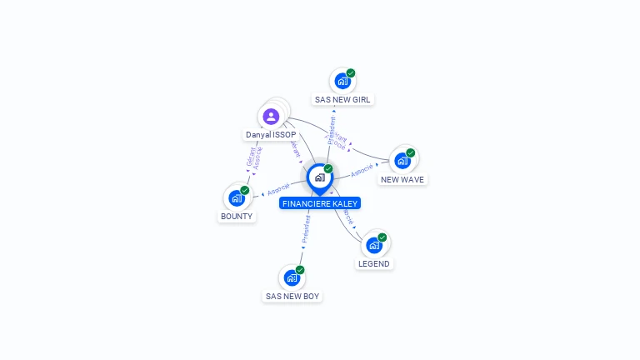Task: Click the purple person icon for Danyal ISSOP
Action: (270, 117)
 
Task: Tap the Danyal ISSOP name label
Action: (271, 135)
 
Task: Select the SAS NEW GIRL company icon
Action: (342, 81)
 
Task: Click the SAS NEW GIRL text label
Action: (342, 99)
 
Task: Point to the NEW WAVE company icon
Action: (402, 161)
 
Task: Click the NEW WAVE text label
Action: (402, 179)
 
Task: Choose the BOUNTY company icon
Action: (237, 198)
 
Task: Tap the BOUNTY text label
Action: (237, 217)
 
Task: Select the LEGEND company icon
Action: (373, 245)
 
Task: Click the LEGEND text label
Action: (373, 263)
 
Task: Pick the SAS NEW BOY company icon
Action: (292, 277)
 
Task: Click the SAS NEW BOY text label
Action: (292, 296)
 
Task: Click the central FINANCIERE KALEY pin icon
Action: (319, 177)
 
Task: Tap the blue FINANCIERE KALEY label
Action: (321, 203)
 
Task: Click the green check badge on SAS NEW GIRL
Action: (351, 73)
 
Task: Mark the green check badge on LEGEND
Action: (382, 237)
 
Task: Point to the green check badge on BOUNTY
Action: (245, 190)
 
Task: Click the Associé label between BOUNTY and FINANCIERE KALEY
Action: (278, 189)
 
